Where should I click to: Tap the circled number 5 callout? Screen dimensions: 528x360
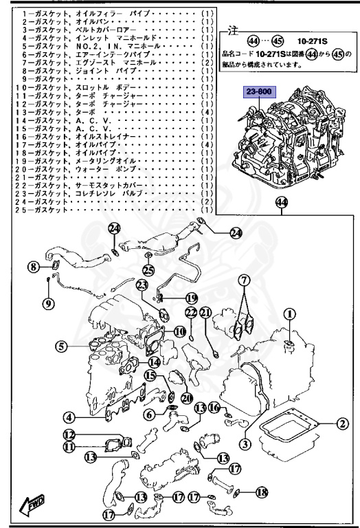pos(61,347)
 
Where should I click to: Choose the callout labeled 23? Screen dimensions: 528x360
pos(142,285)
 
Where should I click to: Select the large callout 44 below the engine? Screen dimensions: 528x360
pos(281,202)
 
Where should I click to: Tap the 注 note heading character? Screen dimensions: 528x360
pos(232,32)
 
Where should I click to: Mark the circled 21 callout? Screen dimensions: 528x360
pos(206,313)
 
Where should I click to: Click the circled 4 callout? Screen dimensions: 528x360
pos(69,417)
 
